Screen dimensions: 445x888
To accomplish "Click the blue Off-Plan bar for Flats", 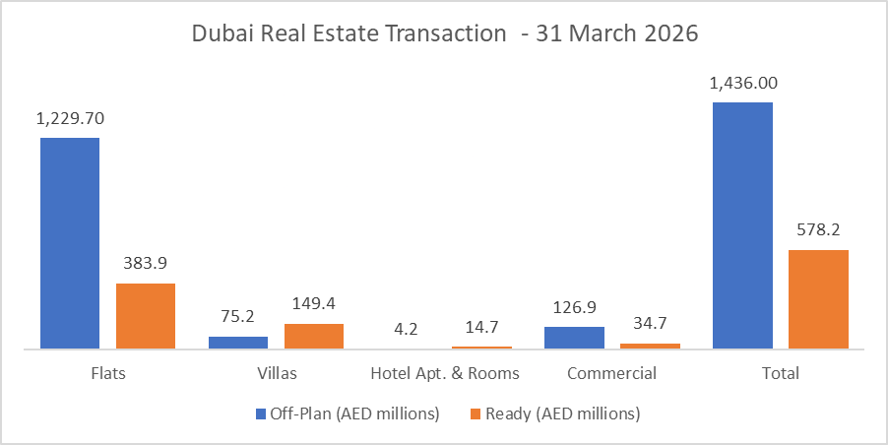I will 70,242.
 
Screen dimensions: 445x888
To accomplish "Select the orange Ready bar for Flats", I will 146,315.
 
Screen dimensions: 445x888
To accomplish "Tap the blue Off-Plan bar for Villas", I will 238,342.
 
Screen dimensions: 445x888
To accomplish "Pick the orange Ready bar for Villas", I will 314,336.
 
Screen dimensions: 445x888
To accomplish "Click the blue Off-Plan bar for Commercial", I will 574,337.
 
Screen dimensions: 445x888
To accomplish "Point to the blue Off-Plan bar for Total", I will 742,224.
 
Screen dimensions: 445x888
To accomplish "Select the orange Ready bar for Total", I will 818,298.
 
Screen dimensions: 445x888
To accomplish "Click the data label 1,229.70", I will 70,118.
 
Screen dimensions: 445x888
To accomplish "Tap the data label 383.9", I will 146,264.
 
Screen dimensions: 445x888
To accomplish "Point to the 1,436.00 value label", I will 742,83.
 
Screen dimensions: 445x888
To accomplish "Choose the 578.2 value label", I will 818,230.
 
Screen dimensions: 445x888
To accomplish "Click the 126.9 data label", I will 574,307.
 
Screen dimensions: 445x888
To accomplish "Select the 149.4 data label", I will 314,304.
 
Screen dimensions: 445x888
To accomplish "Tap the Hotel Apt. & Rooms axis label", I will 444,374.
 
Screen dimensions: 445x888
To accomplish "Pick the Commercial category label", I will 611,374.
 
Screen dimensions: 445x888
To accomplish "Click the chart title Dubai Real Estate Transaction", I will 444,32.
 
